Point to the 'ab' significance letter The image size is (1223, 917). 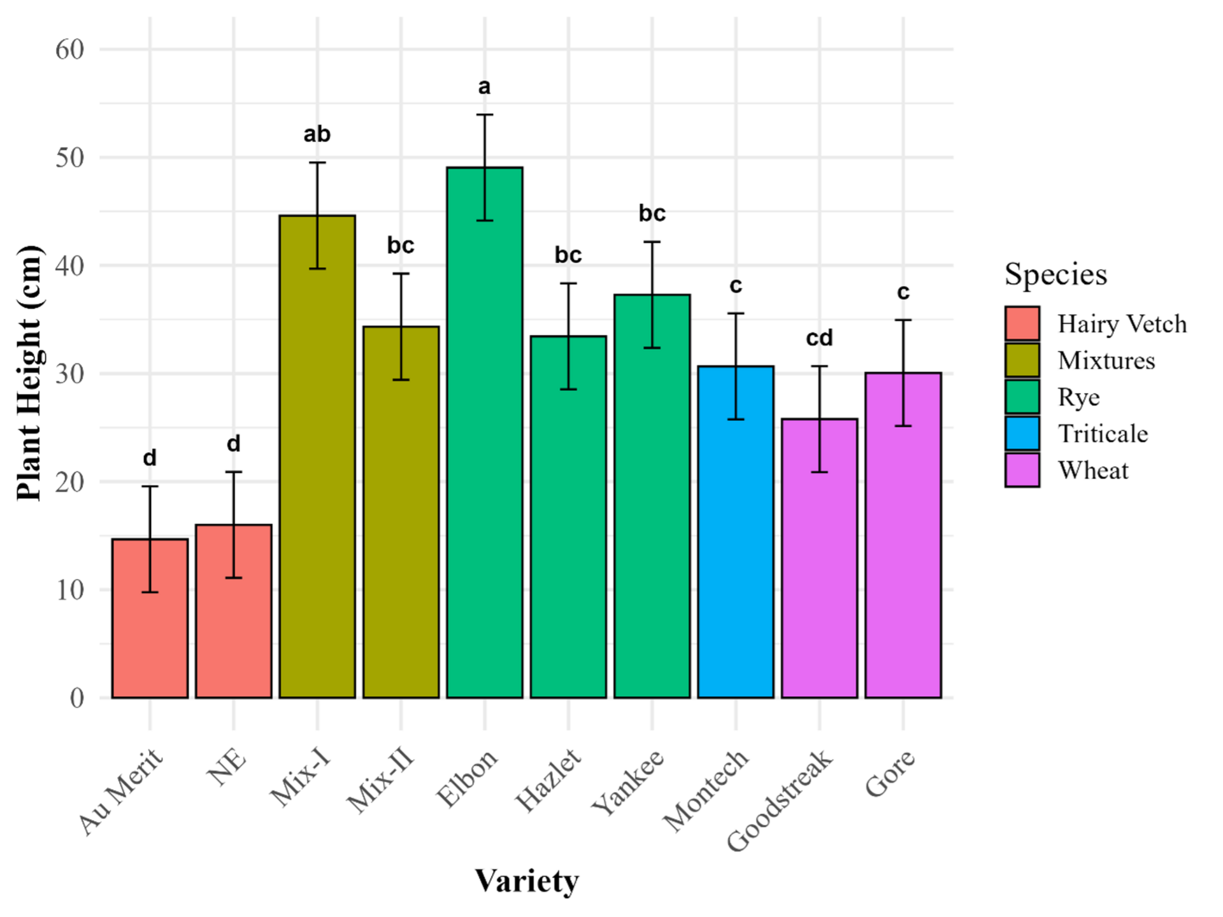pos(317,134)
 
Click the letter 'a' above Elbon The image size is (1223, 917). pos(484,87)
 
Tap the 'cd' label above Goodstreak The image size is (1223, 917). pos(819,338)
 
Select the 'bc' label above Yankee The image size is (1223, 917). pos(652,213)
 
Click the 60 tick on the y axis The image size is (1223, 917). pos(69,49)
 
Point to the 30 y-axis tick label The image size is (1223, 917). pos(69,374)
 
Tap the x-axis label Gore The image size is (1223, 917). pos(890,773)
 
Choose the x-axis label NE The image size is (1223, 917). pos(227,767)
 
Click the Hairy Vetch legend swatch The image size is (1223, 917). pos(1022,323)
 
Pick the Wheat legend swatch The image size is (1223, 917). pos(1022,471)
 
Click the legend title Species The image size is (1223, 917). pos(1055,274)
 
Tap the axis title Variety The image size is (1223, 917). pos(527,881)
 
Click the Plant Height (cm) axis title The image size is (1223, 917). pos(29,373)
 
